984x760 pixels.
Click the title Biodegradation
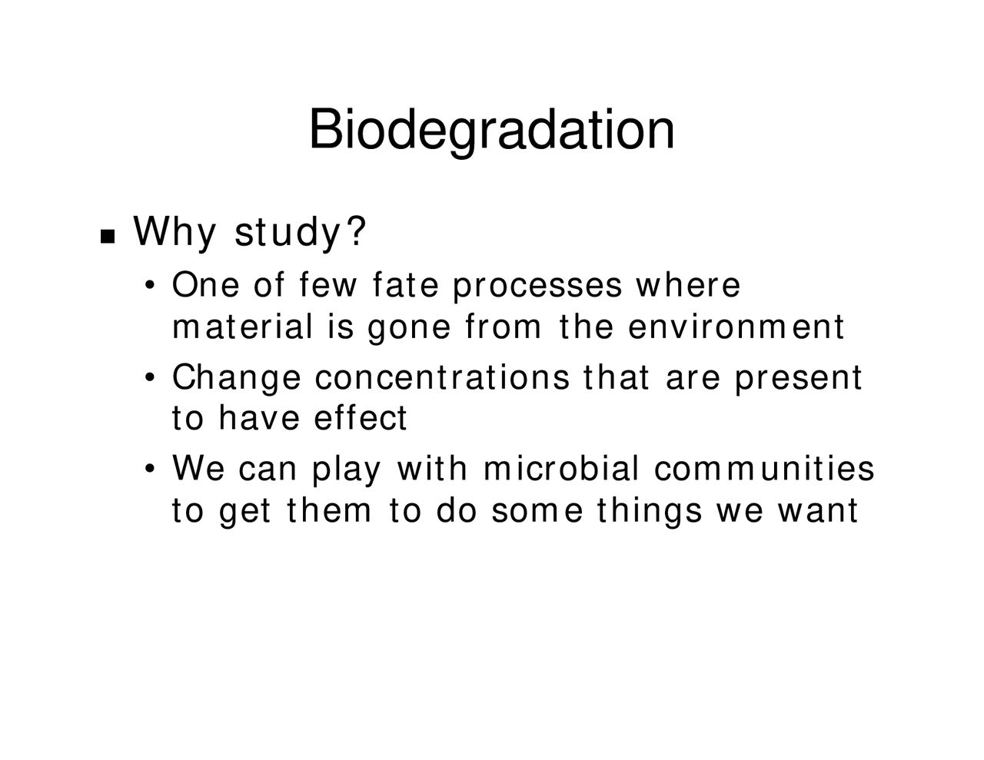[x=492, y=129]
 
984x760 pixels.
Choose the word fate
[x=404, y=285]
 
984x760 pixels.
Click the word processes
[x=537, y=287]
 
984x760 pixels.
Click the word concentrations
[x=442, y=377]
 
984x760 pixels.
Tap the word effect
[x=361, y=418]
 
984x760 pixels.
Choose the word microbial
[x=561, y=469]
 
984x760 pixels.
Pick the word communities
[x=764, y=469]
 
